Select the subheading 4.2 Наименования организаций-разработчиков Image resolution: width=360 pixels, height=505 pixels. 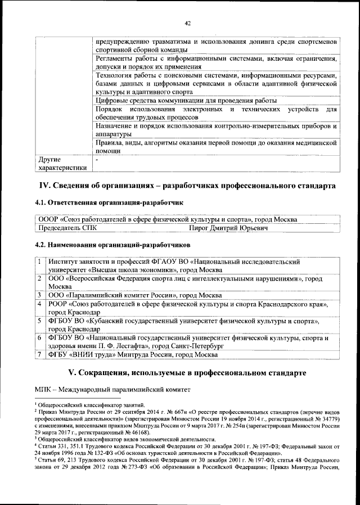pos(112,245)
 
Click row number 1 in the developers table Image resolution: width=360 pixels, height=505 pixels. pos(40,262)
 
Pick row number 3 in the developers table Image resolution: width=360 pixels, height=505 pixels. pos(40,295)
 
